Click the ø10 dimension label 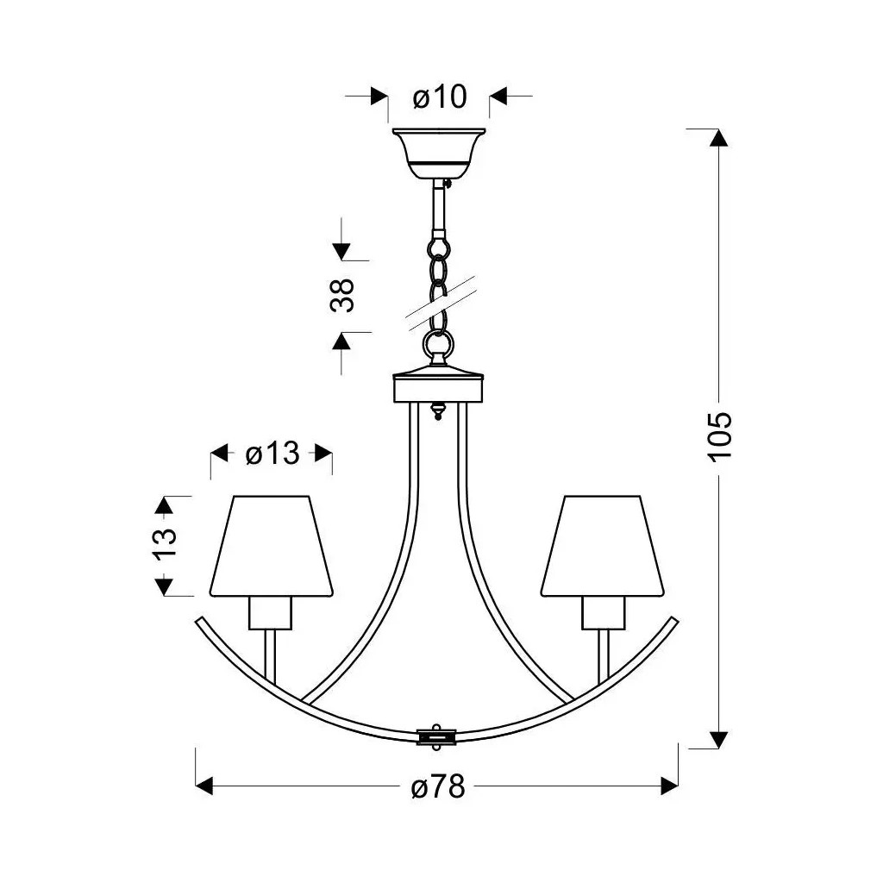point(440,97)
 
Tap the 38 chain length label point(342,296)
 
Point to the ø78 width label point(438,786)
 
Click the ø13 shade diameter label point(272,453)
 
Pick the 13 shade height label point(165,545)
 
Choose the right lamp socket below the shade point(602,613)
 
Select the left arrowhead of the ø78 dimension point(205,786)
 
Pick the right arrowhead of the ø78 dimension point(669,786)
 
